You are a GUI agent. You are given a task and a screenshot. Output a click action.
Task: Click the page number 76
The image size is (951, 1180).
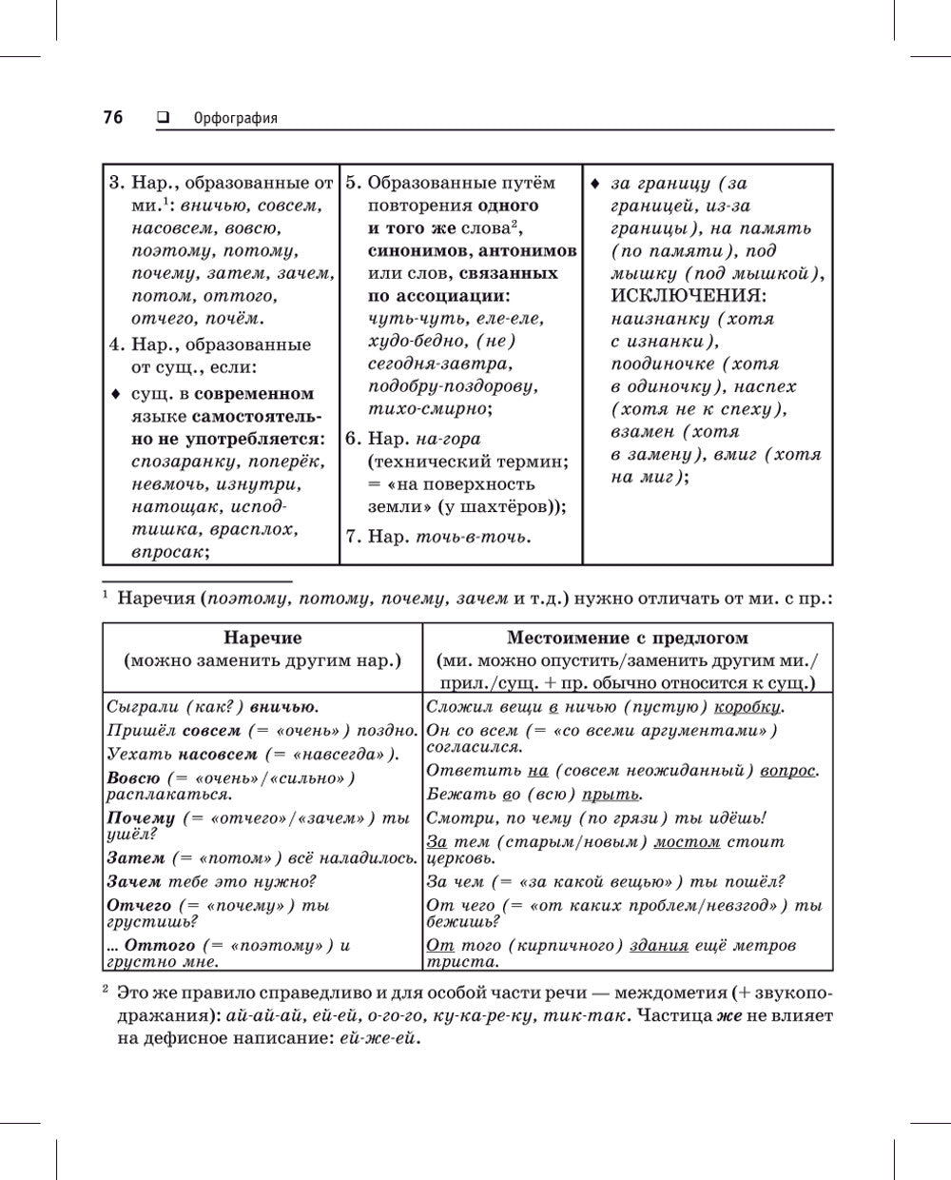(x=112, y=118)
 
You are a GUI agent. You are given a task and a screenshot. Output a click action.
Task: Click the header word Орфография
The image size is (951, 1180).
(x=235, y=119)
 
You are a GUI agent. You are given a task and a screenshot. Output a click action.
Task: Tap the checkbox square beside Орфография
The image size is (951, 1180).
(x=162, y=118)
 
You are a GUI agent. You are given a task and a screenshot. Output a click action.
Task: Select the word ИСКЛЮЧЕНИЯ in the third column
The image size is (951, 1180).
(x=688, y=296)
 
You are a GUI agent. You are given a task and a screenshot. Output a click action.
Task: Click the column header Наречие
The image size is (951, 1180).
(x=262, y=638)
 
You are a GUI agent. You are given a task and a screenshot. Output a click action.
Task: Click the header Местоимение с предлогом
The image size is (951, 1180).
(x=627, y=638)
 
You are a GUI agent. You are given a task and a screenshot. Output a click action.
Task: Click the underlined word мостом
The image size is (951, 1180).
(x=688, y=842)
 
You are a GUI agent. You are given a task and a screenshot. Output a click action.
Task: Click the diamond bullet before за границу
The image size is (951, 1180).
(x=594, y=183)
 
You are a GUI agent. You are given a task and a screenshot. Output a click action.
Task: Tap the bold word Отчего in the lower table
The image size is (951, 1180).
(x=139, y=905)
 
